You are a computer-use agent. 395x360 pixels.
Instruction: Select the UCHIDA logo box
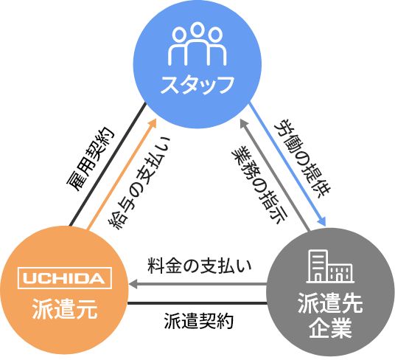[65, 278]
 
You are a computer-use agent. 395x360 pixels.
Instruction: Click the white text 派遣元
[65, 309]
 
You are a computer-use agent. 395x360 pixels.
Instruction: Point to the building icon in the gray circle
[330, 266]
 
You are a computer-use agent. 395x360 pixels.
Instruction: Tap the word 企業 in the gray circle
[330, 328]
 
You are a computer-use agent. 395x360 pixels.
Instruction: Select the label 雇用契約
[90, 159]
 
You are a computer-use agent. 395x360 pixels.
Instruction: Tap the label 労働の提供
[302, 158]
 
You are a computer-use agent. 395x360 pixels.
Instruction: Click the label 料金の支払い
[200, 266]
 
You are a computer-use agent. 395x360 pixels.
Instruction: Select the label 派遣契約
[198, 321]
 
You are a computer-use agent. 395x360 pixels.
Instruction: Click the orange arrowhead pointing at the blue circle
[152, 123]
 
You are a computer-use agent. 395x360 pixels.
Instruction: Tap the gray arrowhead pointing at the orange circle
[133, 284]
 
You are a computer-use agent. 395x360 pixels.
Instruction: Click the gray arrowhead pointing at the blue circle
[245, 123]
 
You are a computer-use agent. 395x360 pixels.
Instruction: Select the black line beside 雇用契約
[108, 165]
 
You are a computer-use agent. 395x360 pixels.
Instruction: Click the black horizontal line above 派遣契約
[197, 303]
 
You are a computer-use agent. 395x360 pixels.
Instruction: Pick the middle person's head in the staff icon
[197, 29]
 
